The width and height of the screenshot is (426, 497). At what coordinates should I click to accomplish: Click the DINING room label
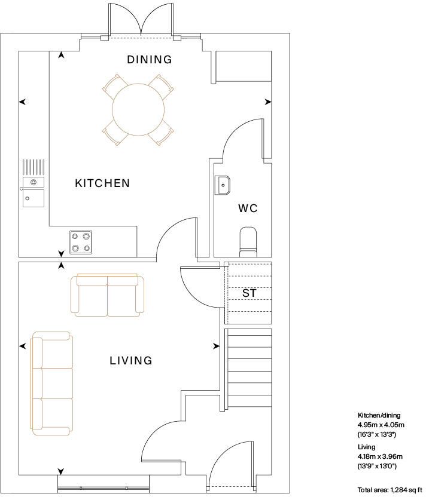[149, 60]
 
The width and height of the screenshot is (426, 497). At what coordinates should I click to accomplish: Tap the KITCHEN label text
[102, 183]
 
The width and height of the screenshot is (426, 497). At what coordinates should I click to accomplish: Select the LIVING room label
[131, 361]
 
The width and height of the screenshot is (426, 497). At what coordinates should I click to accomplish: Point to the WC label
[248, 208]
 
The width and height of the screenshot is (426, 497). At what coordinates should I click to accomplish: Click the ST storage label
[249, 293]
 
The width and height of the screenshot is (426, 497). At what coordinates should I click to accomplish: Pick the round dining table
[138, 109]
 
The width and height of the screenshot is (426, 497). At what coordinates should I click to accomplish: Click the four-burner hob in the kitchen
[81, 242]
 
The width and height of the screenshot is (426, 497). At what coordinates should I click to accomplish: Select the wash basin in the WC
[222, 185]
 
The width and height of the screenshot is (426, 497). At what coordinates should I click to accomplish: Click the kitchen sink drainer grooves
[34, 167]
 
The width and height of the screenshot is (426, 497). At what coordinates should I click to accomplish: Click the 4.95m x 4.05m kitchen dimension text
[381, 425]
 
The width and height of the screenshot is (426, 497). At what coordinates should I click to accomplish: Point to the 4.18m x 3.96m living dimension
[380, 456]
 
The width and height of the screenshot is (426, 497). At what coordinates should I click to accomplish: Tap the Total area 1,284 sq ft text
[390, 490]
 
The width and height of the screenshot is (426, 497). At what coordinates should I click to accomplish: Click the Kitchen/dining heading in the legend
[379, 415]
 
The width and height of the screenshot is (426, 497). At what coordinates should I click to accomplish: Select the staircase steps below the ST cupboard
[248, 369]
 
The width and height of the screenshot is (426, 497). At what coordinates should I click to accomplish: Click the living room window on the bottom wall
[104, 484]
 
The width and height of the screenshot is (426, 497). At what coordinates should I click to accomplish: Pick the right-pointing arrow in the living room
[216, 346]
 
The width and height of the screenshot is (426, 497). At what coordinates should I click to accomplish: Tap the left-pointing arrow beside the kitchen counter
[22, 102]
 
